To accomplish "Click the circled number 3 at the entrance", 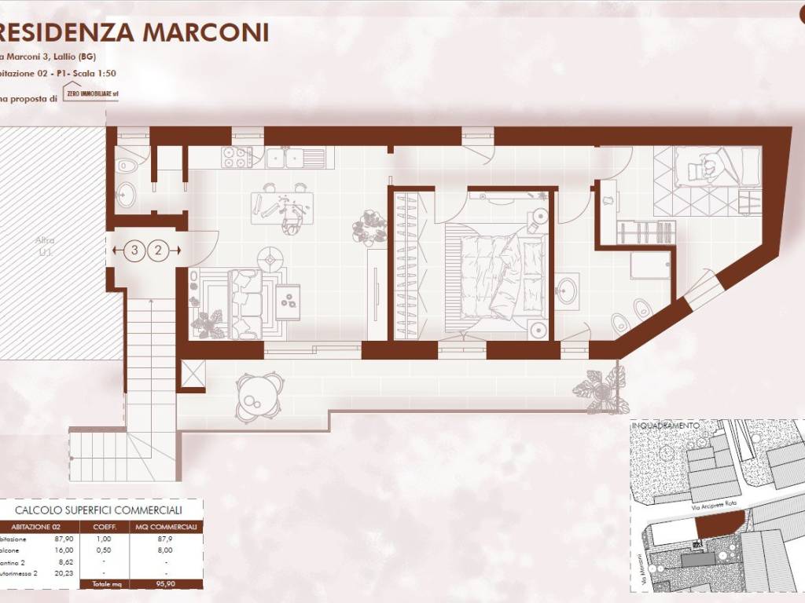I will click(x=135, y=250).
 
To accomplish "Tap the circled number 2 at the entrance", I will click(x=158, y=250).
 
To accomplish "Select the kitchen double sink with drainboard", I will click(x=296, y=158).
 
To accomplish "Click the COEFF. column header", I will click(x=106, y=527).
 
